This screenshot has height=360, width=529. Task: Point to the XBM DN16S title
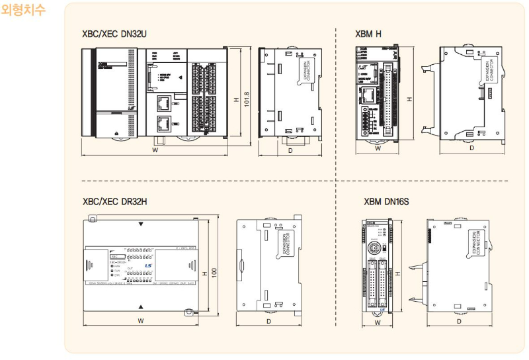point(386,201)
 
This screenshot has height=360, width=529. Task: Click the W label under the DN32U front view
point(154,151)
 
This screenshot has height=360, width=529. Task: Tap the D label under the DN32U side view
point(290,152)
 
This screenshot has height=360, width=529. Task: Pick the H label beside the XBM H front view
point(409,99)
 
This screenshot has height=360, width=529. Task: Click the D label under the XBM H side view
point(471,148)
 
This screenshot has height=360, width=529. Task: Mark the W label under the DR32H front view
point(141,321)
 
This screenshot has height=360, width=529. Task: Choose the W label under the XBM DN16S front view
point(378,322)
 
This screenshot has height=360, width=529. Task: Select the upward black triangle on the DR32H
point(141,306)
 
